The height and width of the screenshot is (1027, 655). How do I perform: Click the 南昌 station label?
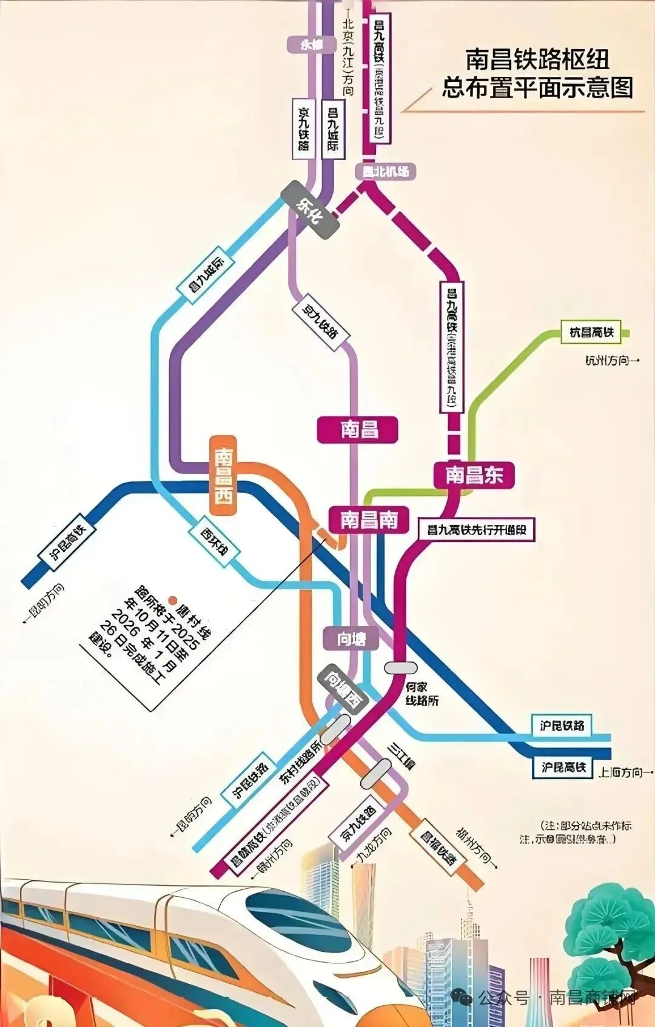click(x=358, y=430)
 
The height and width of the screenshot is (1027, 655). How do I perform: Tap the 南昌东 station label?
click(x=474, y=475)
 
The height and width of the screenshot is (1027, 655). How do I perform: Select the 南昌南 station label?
click(x=368, y=520)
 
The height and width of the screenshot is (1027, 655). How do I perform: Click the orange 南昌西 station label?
click(x=223, y=476)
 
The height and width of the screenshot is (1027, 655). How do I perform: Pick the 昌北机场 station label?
click(x=386, y=172)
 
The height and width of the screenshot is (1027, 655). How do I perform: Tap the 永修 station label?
click(x=312, y=44)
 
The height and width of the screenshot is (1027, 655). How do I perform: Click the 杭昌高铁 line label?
click(x=592, y=332)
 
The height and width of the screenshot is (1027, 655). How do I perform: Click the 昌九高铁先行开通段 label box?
click(x=477, y=530)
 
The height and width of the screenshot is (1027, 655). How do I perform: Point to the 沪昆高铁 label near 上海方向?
click(x=563, y=768)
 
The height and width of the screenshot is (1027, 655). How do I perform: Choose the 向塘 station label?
click(x=351, y=638)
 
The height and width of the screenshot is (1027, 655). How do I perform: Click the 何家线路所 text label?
click(x=422, y=694)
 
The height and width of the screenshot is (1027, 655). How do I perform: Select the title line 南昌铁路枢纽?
click(x=537, y=59)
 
